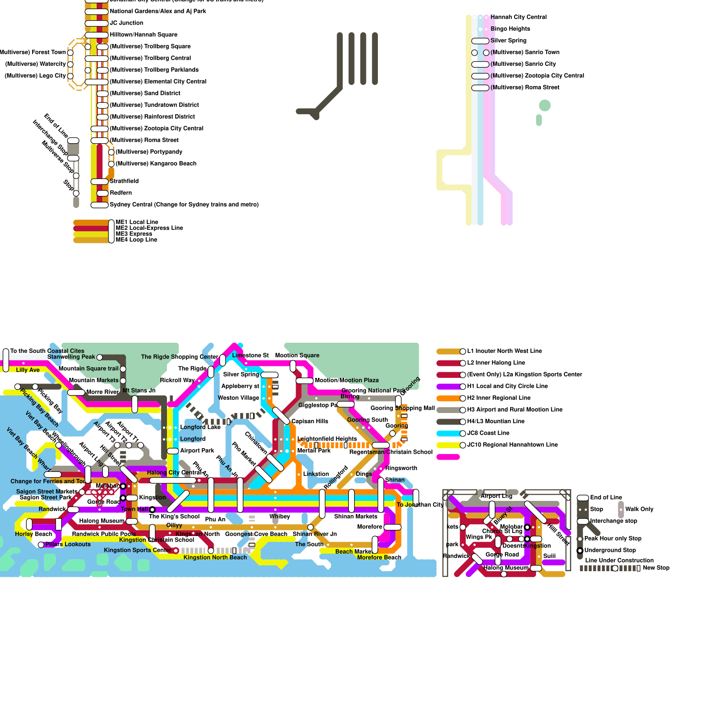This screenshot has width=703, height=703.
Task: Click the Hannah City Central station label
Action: [x=518, y=17]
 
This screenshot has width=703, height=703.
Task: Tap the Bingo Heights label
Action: [x=510, y=29]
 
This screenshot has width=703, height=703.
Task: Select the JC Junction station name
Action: [x=126, y=23]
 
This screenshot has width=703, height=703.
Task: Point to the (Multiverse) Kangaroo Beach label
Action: [x=156, y=163]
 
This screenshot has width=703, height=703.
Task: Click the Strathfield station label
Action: [x=124, y=181]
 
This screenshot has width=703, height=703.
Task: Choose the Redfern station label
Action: [x=121, y=193]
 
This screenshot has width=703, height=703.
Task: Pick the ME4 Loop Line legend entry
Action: [x=136, y=240]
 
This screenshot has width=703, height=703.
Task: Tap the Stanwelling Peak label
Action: [x=71, y=357]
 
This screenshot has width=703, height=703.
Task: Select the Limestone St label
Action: [x=250, y=355]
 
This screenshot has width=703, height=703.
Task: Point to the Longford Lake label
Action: [x=200, y=427]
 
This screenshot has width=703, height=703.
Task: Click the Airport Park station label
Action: [x=197, y=451]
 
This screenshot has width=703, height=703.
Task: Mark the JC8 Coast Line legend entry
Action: [x=488, y=433]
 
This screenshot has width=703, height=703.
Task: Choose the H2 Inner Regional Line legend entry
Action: [x=499, y=398]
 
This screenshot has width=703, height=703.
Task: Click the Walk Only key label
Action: [x=639, y=509]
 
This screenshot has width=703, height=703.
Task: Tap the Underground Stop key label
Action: [x=610, y=551]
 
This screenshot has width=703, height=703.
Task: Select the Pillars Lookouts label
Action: [x=68, y=544]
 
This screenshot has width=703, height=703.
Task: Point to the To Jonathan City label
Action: [x=420, y=505]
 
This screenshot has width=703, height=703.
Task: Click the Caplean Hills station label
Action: [x=310, y=421]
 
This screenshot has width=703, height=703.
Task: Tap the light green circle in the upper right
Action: [x=544, y=105]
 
